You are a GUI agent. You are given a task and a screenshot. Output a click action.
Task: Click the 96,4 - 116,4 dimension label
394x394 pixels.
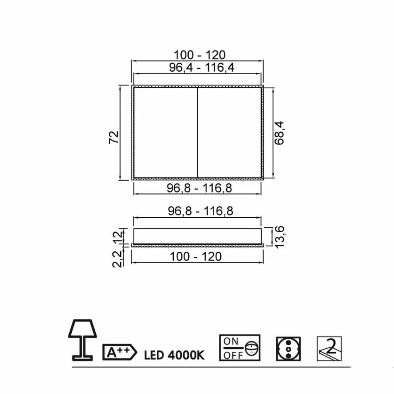point(202,67)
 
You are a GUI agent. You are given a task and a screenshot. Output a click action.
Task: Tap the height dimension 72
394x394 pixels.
point(114,137)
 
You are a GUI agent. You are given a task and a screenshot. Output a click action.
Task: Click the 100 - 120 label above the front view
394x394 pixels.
point(199,55)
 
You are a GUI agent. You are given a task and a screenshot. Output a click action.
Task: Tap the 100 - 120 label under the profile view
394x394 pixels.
point(196,257)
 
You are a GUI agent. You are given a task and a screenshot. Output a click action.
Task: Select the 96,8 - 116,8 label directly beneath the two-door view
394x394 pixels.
point(199,188)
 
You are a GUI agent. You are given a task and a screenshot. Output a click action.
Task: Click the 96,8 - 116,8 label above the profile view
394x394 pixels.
point(201,211)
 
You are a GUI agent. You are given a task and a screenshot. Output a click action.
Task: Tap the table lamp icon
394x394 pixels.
point(83,339)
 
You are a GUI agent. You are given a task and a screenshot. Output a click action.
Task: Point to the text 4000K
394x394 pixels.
point(187,355)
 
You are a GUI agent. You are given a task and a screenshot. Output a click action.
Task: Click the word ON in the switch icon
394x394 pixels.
point(231,341)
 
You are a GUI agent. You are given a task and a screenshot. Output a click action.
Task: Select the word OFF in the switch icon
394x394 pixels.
point(233,355)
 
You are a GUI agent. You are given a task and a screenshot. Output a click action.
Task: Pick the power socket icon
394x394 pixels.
point(288,349)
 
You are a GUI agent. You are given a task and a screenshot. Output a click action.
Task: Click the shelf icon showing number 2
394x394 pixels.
point(329,348)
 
